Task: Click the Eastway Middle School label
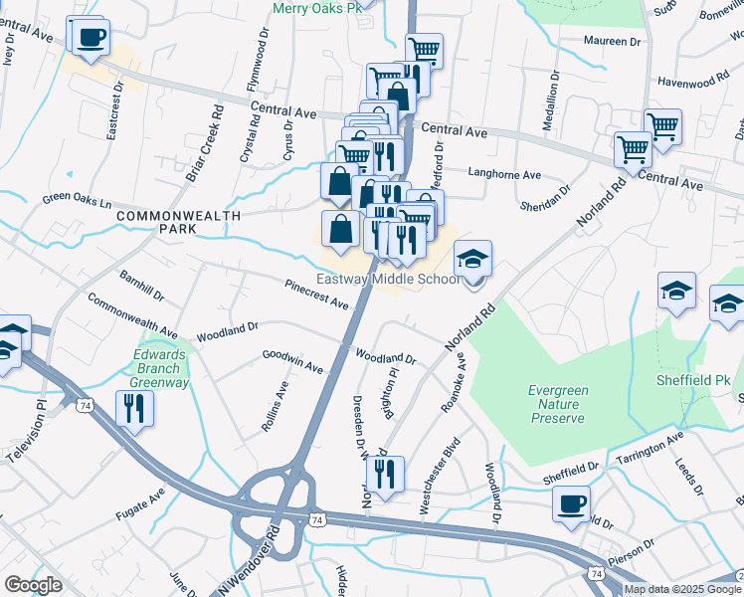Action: (389, 280)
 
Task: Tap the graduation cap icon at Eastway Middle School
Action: (473, 260)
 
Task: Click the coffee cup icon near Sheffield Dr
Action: (571, 504)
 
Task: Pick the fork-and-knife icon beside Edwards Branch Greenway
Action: (134, 408)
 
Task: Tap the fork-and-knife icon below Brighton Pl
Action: (383, 474)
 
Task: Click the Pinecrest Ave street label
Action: (316, 294)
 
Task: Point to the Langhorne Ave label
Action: (504, 174)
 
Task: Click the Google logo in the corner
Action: (33, 585)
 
